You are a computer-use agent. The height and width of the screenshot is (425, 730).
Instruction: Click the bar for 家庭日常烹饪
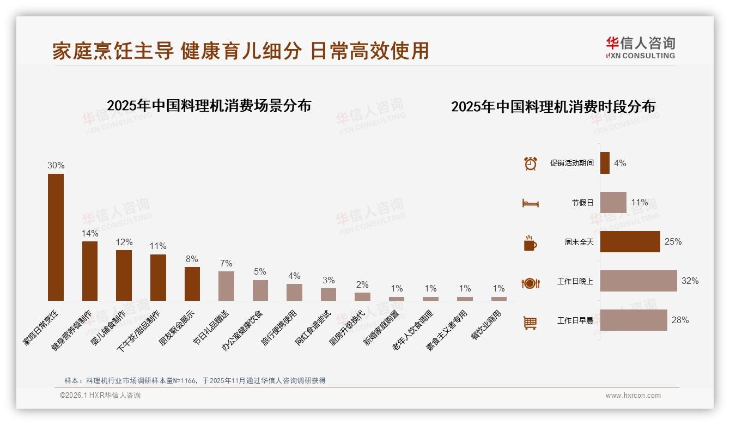coord(56,237)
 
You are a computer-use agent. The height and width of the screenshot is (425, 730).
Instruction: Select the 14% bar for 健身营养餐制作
coord(90,271)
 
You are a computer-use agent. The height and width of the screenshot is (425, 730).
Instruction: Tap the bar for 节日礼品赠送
coord(226,286)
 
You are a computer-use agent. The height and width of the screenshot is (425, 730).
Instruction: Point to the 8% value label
coord(192,259)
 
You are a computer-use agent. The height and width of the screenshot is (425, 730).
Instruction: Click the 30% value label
coord(56,166)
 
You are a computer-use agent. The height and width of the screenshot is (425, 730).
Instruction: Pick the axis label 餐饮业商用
coord(486,325)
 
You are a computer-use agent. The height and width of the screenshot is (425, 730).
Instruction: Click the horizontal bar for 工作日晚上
coord(638,281)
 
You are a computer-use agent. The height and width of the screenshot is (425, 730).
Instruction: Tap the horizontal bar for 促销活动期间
coord(605,163)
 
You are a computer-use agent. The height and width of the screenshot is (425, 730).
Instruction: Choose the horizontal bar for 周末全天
coord(630,241)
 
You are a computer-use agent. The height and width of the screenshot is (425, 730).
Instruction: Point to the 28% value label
coord(680,320)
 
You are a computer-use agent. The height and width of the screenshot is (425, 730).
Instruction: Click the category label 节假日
coord(582,203)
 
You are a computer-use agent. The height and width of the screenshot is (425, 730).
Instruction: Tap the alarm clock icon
coord(530,163)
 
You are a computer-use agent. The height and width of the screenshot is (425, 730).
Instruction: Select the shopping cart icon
coord(530,323)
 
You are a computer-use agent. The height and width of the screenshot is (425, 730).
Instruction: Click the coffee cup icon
coord(530,243)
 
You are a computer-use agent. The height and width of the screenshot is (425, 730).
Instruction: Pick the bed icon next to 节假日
coord(530,203)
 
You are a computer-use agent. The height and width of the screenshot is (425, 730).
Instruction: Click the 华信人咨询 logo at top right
coord(640,47)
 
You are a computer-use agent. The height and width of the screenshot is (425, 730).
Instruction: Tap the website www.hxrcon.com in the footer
coord(633,396)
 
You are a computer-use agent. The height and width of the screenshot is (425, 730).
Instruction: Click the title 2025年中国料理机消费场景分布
coord(209,106)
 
